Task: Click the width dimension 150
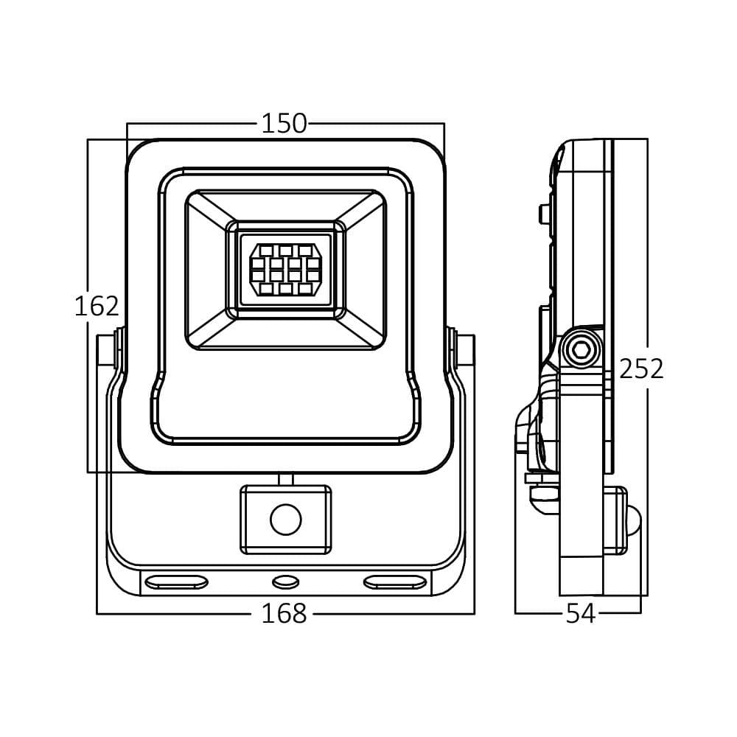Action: tap(284, 124)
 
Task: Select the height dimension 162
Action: tap(97, 306)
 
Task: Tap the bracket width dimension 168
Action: tap(284, 613)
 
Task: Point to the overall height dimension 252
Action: tap(641, 368)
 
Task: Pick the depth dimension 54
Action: tap(580, 613)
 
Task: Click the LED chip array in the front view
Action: tap(285, 269)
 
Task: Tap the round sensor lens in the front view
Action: tap(285, 520)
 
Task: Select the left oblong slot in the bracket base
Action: tap(176, 583)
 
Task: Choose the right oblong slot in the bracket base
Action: tap(395, 583)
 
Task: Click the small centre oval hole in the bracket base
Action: tap(285, 583)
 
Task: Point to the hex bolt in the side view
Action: tap(581, 349)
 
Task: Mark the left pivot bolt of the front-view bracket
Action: tap(111, 351)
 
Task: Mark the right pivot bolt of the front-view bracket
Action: tap(461, 351)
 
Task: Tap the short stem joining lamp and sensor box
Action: tap(285, 479)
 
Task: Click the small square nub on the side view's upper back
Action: tap(545, 214)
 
